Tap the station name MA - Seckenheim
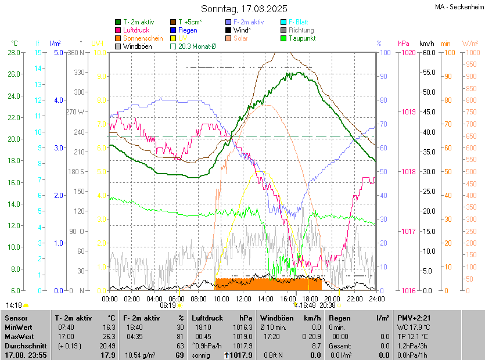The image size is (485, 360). point(458,7)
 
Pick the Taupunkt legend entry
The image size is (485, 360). point(301,38)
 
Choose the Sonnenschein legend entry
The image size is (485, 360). point(143,38)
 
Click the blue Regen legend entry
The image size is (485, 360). point(188,30)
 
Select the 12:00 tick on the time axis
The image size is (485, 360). point(243,298)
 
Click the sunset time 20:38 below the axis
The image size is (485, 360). point(327,305)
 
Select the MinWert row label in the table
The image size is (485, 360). point(19,327)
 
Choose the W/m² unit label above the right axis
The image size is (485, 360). point(470,44)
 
